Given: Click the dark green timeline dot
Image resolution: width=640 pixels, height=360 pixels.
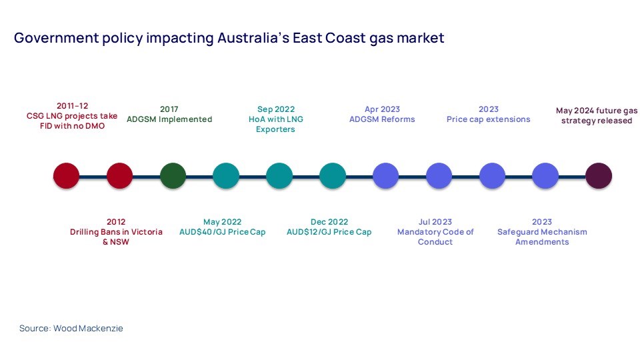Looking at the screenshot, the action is pos(173,176).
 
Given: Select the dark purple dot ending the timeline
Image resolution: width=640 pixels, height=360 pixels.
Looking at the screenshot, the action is pos(599,176).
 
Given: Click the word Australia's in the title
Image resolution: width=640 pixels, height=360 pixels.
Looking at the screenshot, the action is pos(253,38).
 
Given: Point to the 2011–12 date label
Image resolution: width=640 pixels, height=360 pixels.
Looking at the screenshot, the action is pos(72,106).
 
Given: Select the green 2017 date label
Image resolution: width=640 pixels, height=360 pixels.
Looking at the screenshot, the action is pos(169,109).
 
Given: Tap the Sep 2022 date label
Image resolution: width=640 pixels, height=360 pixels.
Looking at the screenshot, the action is pos(276,109).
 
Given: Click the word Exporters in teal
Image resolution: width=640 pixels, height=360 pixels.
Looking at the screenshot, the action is pos(275,129).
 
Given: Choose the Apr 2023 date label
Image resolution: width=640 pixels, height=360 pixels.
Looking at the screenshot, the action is pos(382,109).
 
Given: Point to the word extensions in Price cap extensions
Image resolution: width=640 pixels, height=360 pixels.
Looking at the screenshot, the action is pos(508,119).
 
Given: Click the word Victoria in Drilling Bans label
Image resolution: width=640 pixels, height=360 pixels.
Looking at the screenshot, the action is pos(146,232).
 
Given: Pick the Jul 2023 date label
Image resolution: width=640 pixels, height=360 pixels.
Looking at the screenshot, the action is pos(435,222).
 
